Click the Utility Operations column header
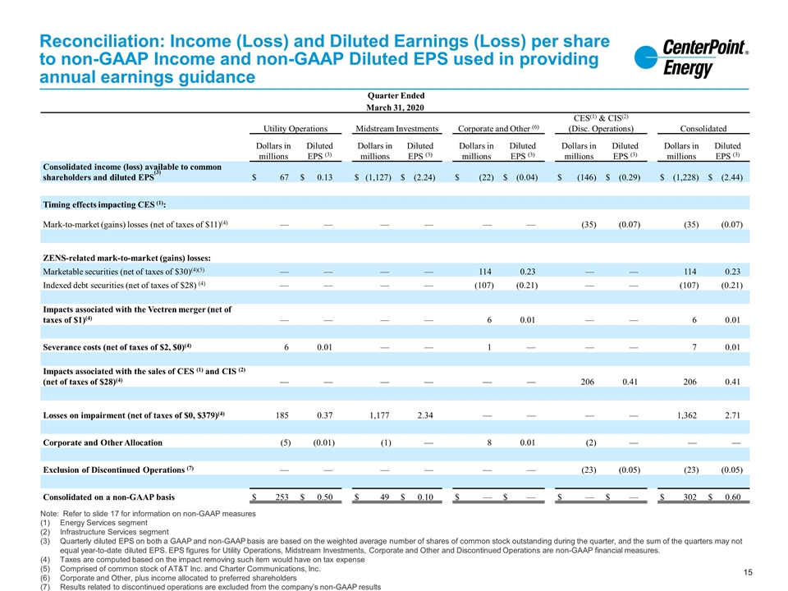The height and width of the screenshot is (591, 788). [295, 129]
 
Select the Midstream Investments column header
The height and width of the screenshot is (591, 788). [396, 129]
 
